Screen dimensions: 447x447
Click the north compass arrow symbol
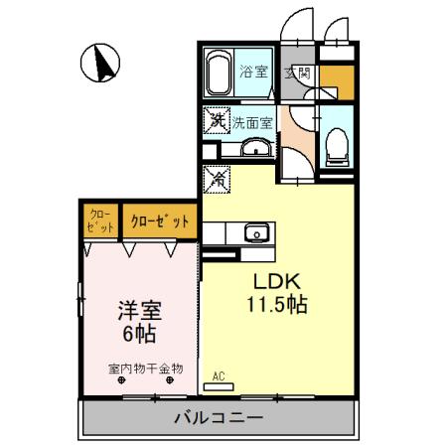click(x=98, y=65)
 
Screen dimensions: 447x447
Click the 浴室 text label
click(x=253, y=72)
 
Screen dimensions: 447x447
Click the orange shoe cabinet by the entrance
click(x=335, y=78)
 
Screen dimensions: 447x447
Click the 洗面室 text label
click(x=251, y=123)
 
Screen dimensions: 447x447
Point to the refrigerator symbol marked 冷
click(x=216, y=180)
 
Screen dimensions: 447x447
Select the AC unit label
click(x=220, y=376)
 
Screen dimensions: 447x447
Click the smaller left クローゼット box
click(x=99, y=220)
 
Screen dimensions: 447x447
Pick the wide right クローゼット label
click(x=158, y=221)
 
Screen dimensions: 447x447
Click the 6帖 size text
click(x=136, y=333)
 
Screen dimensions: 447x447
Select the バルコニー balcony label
click(x=220, y=417)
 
